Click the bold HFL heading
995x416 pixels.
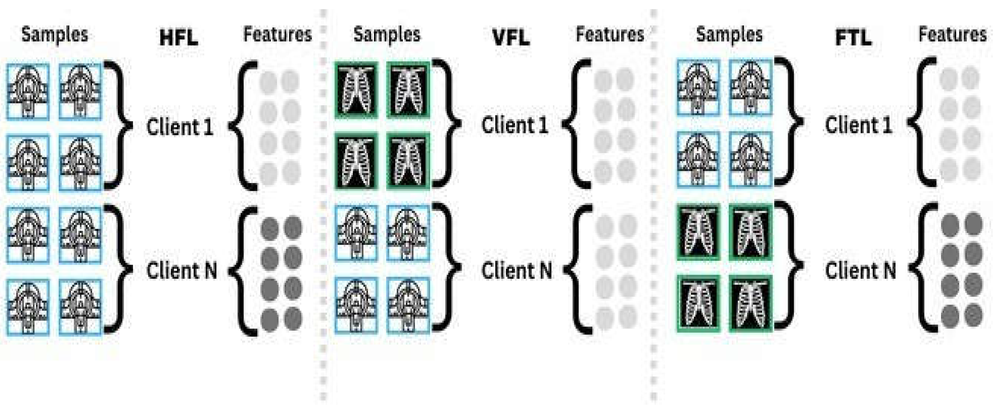pyautogui.click(x=179, y=38)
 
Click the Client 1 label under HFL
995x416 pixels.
pyautogui.click(x=180, y=126)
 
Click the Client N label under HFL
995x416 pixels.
pyautogui.click(x=182, y=270)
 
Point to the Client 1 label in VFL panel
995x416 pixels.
pyautogui.click(x=514, y=125)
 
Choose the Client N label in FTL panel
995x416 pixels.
pyautogui.click(x=860, y=270)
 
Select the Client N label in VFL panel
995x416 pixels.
pyautogui.click(x=517, y=270)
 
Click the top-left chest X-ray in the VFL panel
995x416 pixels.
pyautogui.click(x=356, y=90)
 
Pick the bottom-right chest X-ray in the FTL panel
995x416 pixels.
pyautogui.click(x=750, y=303)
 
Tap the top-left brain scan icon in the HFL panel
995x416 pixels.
pyautogui.click(x=28, y=91)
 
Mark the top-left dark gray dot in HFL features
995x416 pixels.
pyautogui.click(x=270, y=228)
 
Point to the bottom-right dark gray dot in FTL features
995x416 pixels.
pyautogui.click(x=973, y=315)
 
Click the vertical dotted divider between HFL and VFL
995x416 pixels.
pyautogui.click(x=323, y=209)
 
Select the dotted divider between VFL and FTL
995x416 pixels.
pyautogui.click(x=653, y=209)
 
